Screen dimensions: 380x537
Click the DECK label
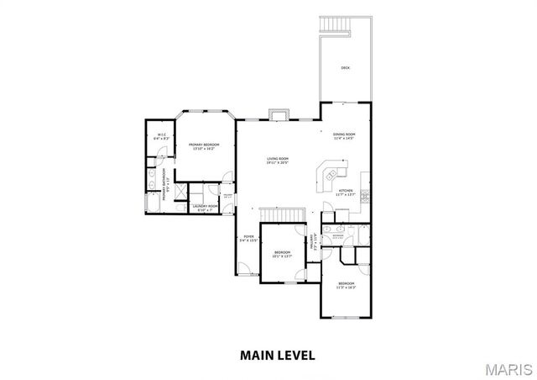point(345,67)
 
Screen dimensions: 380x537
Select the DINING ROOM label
point(344,135)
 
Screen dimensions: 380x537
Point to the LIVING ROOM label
point(278,158)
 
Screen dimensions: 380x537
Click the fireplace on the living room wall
point(278,116)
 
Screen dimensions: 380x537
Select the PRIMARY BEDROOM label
point(204,145)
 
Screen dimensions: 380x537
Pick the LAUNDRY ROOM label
point(205,206)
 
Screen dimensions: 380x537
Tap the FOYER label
point(248,237)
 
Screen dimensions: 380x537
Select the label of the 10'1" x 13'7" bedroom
point(283,252)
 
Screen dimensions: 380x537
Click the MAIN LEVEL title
point(277,354)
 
